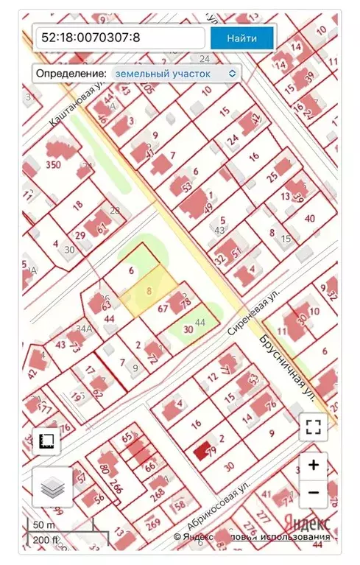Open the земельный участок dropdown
tap(175, 74)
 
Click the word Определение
tap(71, 74)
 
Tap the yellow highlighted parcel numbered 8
tap(151, 292)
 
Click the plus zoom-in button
tap(313, 465)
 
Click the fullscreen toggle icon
tap(313, 426)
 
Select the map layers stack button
tap(52, 487)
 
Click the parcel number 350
tap(53, 165)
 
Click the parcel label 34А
tap(85, 329)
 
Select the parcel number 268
tap(157, 494)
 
